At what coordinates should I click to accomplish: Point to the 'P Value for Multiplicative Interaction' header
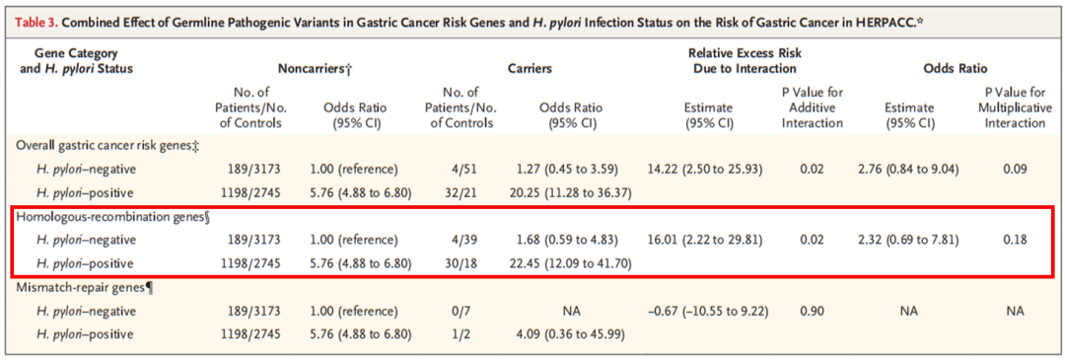1008,108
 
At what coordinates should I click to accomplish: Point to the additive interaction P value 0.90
811,311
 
